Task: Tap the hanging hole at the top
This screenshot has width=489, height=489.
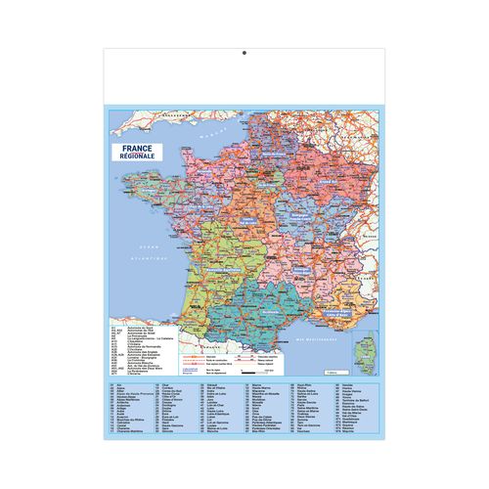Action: [245, 53]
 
